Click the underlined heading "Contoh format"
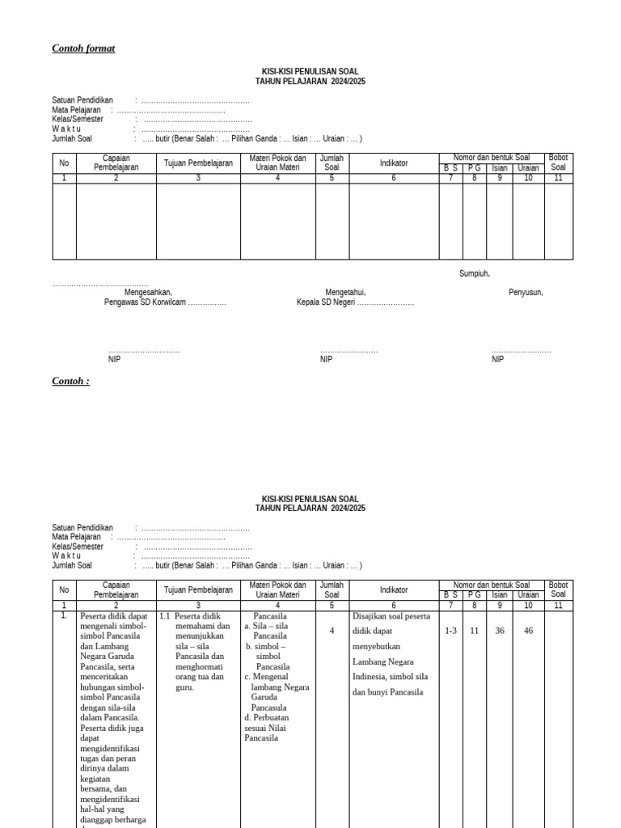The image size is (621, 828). [83, 49]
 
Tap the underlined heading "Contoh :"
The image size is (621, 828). [70, 381]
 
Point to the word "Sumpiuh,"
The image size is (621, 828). [475, 273]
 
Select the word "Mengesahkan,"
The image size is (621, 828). [148, 293]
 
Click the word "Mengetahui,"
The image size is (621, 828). [346, 293]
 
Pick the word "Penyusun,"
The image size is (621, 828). [526, 293]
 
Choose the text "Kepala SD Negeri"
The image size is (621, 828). [326, 302]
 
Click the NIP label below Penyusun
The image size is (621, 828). [497, 360]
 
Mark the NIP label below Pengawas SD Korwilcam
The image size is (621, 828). [114, 360]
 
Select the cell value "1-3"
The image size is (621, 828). [451, 631]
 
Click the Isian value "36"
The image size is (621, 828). [500, 631]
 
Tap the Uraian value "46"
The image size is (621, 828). [528, 631]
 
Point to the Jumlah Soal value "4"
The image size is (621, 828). [332, 631]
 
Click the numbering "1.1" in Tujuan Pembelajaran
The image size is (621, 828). [164, 616]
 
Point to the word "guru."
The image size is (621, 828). [186, 687]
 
